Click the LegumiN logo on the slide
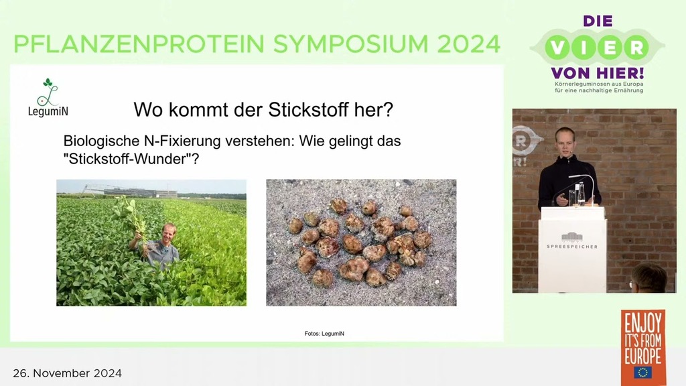tap(48, 98)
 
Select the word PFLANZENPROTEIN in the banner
tap(139, 44)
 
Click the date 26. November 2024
tap(68, 373)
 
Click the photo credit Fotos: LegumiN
tap(324, 334)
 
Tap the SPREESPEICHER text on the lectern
tap(572, 247)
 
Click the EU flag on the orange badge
tap(642, 373)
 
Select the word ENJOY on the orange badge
tap(642, 324)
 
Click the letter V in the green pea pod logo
tap(558, 48)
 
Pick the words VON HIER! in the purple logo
tap(597, 72)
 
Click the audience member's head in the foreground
tap(648, 278)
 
